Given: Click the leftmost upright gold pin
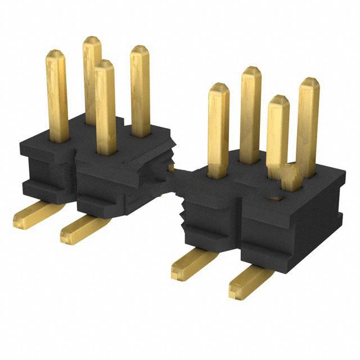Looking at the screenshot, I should (x=57, y=96).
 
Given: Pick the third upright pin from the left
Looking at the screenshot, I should (x=105, y=107).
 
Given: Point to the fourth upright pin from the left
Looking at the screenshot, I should (x=140, y=90).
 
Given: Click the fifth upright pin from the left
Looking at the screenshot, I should (x=218, y=129).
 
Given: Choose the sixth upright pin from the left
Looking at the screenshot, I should (x=251, y=112).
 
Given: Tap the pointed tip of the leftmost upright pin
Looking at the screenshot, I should (x=56, y=54).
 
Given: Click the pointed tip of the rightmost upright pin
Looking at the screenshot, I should (x=309, y=82).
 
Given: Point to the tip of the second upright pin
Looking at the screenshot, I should (x=92, y=40).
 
